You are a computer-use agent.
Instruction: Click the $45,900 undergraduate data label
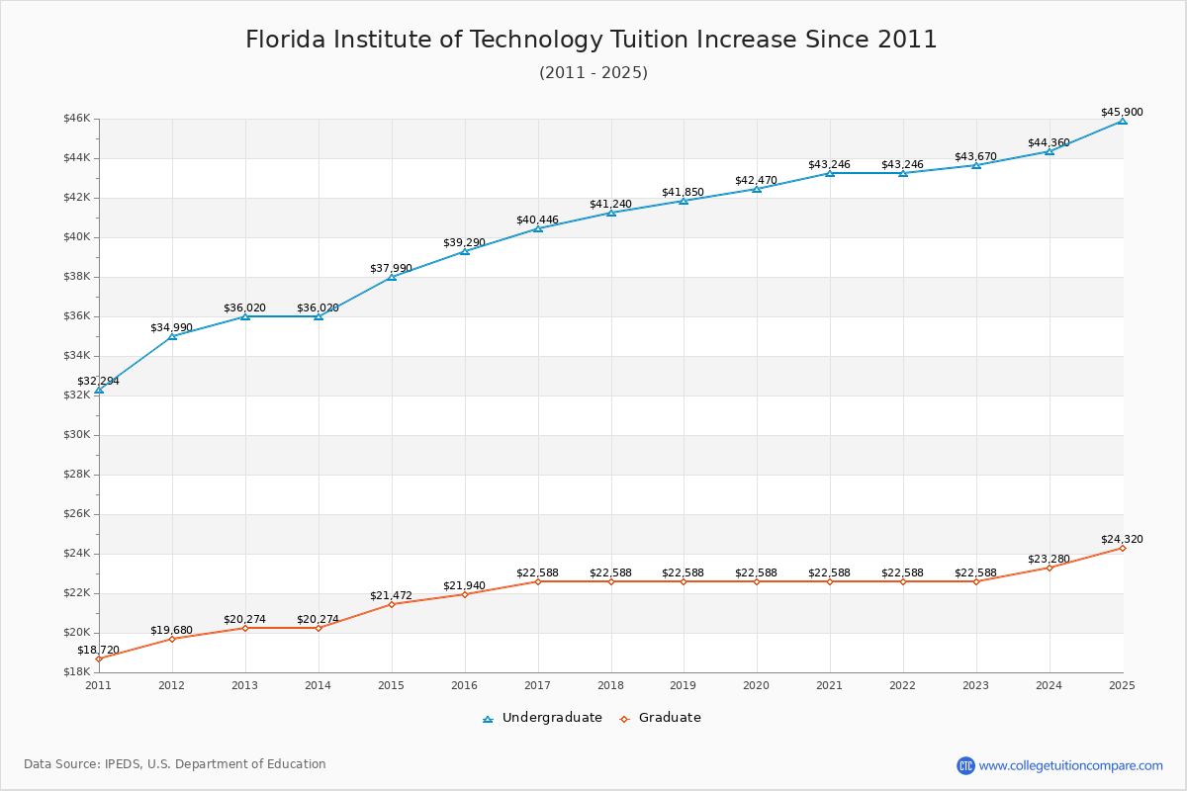(x=1122, y=112)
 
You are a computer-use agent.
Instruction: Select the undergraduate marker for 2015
(x=392, y=277)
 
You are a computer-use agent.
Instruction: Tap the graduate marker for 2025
(x=1122, y=548)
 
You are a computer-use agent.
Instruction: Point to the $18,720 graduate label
(x=98, y=650)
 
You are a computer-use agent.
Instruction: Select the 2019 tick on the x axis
(x=684, y=684)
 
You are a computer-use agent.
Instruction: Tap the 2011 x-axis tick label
(x=99, y=684)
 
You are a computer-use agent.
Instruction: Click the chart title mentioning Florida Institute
(x=592, y=40)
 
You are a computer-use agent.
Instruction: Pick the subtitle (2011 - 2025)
(x=593, y=72)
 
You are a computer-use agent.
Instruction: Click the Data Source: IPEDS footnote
(x=175, y=764)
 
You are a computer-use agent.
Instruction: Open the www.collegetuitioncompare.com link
(x=1071, y=765)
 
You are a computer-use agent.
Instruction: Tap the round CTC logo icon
(x=965, y=765)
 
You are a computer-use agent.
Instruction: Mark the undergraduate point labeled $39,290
(x=465, y=251)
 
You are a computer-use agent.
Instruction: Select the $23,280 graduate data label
(x=1049, y=559)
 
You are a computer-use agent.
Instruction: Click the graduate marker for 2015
(x=392, y=604)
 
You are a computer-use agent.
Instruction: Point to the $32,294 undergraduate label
(x=98, y=381)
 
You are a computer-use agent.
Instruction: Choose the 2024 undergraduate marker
(x=1049, y=151)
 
